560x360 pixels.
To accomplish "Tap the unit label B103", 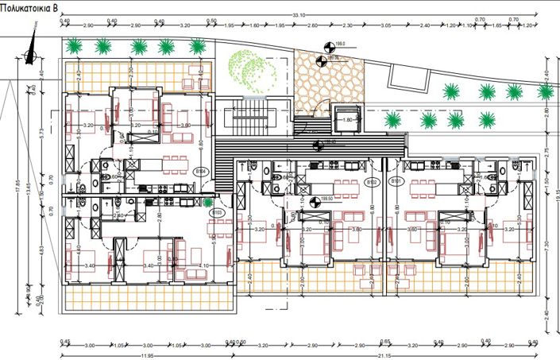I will (x=215, y=212).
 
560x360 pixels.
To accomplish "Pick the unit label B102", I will (x=371, y=182).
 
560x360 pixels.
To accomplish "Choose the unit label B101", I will (x=395, y=182).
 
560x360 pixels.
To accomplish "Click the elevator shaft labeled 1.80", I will (x=346, y=118).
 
